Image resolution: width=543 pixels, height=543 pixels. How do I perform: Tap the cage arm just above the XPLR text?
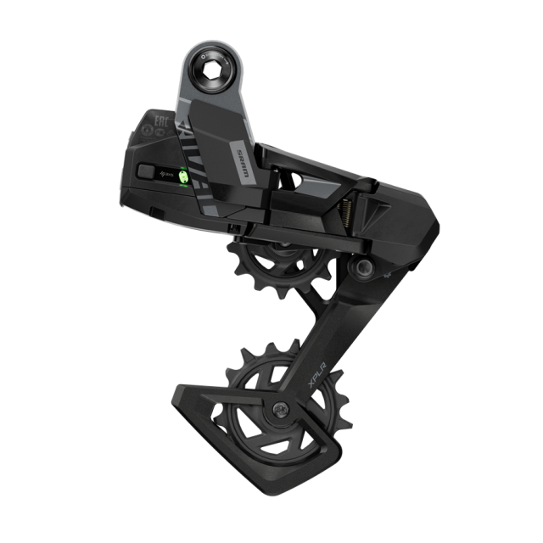pyautogui.click(x=327, y=339)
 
